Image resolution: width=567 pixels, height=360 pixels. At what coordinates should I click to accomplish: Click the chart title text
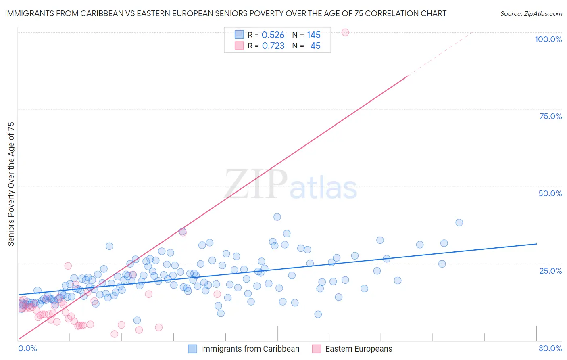[x=225, y=13]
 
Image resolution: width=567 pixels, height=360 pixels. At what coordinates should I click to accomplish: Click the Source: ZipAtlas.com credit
[x=531, y=13]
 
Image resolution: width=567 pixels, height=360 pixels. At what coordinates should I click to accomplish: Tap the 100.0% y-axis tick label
[x=548, y=39]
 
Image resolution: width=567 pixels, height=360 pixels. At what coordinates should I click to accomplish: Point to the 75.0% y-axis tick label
[x=550, y=116]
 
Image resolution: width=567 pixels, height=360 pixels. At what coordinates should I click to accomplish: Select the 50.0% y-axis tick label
[x=550, y=193]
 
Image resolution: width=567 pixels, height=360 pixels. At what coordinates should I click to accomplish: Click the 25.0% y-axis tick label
[x=550, y=271]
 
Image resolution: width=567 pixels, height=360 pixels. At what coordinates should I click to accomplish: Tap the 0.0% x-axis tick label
[x=27, y=348]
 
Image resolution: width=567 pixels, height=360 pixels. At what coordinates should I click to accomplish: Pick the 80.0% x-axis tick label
[x=550, y=348]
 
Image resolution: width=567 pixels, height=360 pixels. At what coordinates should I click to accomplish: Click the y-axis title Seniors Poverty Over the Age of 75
[x=11, y=184]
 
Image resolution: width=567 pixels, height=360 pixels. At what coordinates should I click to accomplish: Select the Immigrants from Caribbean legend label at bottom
[x=250, y=349]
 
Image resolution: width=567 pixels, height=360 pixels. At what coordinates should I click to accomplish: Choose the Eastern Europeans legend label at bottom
[x=359, y=349]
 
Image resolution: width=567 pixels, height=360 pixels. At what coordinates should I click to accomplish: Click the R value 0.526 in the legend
[x=273, y=35]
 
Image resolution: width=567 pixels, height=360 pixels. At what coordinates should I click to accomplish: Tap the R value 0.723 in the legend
[x=273, y=46]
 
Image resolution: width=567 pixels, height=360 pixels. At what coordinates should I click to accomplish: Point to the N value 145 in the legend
[x=313, y=35]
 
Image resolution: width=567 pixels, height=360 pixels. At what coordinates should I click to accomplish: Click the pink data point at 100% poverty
[x=345, y=32]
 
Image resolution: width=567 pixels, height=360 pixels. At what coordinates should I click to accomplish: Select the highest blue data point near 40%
[x=277, y=217]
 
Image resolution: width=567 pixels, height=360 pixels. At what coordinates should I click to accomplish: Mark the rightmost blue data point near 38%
[x=459, y=222]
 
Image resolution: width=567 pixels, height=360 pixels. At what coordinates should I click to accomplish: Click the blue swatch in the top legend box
[x=239, y=35]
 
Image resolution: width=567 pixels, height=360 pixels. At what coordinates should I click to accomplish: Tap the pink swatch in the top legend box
[x=239, y=46]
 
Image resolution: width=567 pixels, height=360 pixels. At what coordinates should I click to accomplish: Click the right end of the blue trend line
[x=536, y=244]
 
